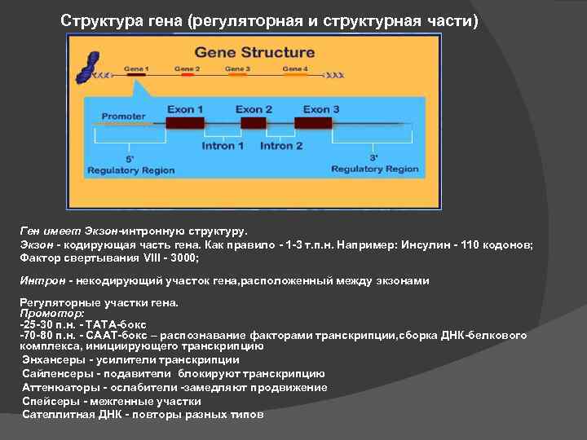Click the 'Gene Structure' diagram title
(x=254, y=52)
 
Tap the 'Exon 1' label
(x=185, y=109)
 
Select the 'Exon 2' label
(x=254, y=109)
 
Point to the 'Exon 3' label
(x=321, y=109)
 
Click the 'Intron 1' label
(x=223, y=146)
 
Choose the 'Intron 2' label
(x=281, y=146)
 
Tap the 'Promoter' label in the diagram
(x=123, y=116)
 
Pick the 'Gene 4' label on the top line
(x=294, y=68)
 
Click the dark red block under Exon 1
(x=184, y=123)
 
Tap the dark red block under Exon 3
(x=313, y=123)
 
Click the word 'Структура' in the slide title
(x=96, y=20)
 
